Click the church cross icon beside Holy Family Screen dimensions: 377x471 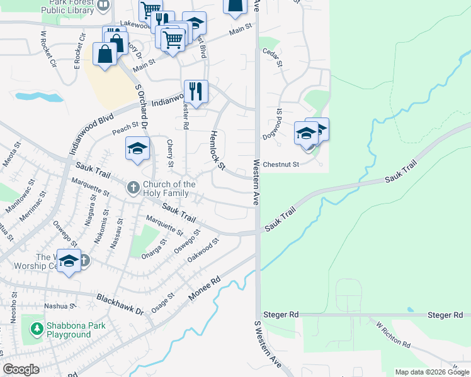click(x=133, y=187)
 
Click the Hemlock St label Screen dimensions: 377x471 click(x=217, y=150)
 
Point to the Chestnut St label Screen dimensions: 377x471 click(x=280, y=165)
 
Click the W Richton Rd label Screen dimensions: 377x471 click(x=393, y=337)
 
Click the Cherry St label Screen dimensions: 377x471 click(x=170, y=153)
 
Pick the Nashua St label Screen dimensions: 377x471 click(x=60, y=307)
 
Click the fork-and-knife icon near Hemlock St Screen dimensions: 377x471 click(x=196, y=91)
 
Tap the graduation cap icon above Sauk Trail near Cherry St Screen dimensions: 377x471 click(x=137, y=149)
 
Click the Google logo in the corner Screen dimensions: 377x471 click(x=21, y=369)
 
